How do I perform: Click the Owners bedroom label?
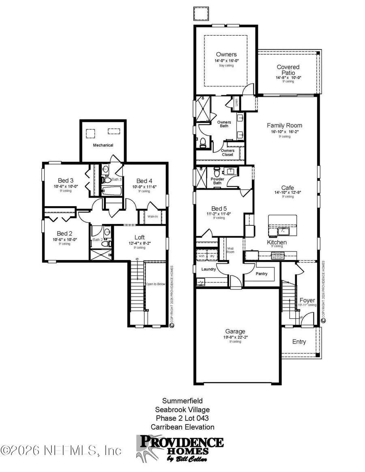(226, 55)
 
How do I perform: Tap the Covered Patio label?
(288, 70)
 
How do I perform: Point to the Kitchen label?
(277, 242)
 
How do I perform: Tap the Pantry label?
(262, 273)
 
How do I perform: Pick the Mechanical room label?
(103, 145)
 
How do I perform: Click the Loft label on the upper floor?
(140, 237)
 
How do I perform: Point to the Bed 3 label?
(65, 181)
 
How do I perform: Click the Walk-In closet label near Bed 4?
(152, 216)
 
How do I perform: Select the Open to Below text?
(156, 284)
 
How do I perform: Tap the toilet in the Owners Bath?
(202, 143)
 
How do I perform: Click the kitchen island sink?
(282, 232)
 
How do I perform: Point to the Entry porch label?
(299, 342)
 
